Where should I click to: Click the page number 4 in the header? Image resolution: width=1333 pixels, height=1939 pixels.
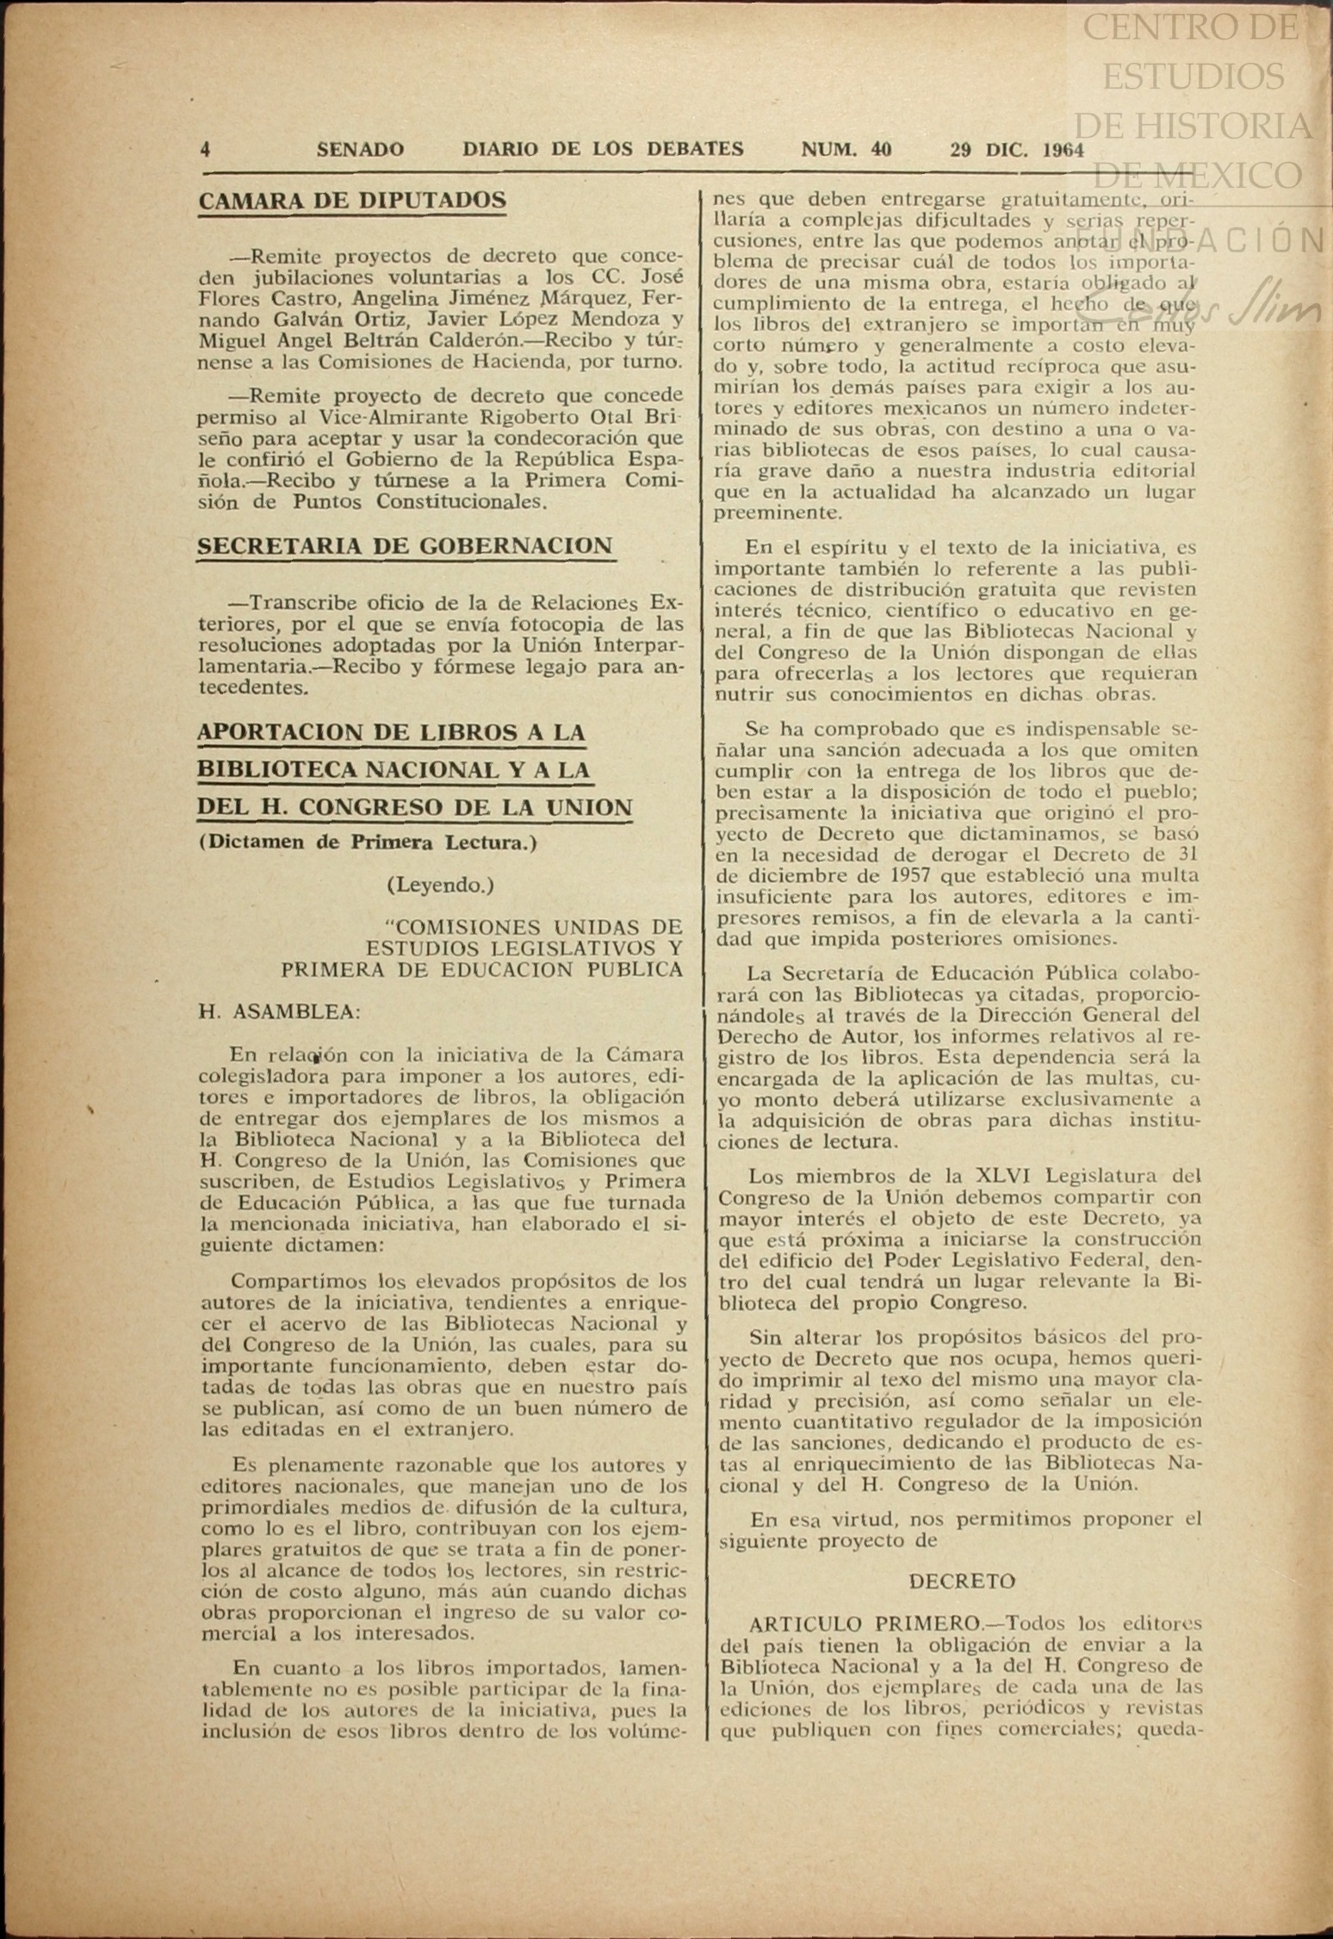[205, 149]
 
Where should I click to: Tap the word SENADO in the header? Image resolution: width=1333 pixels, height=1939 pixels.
[360, 149]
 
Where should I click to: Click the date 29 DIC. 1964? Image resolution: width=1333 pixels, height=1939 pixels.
[1016, 150]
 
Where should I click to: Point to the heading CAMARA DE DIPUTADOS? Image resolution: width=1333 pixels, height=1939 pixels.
[352, 201]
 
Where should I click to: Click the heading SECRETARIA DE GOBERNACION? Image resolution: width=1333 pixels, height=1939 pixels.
[405, 546]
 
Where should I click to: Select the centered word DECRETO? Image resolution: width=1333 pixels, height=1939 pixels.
[962, 1582]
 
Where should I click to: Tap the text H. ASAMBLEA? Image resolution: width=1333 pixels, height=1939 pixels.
[280, 1012]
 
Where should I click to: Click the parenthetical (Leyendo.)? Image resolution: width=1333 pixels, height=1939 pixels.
[440, 885]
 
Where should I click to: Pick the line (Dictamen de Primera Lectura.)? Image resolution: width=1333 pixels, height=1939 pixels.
[368, 842]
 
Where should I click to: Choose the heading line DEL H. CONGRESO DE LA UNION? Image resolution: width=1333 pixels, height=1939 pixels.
[415, 808]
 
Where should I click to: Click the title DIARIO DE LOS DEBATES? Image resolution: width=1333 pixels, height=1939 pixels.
[603, 149]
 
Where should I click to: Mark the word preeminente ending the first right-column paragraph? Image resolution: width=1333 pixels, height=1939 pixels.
[766, 513]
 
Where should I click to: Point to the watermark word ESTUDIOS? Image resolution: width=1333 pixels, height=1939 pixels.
[1193, 78]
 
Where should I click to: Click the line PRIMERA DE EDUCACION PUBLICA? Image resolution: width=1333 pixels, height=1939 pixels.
[481, 969]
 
